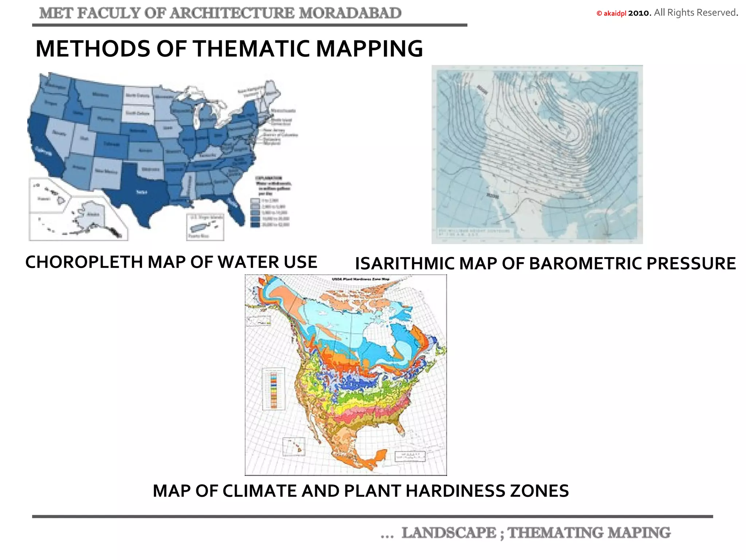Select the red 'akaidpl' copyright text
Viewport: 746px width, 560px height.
615,13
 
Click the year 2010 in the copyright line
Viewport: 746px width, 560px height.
639,13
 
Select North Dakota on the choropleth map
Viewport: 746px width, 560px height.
137,96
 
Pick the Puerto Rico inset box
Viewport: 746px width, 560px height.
205,227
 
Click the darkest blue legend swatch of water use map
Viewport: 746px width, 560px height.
255,225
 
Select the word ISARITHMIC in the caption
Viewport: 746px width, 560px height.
404,264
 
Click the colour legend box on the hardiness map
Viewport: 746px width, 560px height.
274,389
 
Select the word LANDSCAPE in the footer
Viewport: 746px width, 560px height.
448,533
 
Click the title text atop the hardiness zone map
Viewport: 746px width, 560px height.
361,279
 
